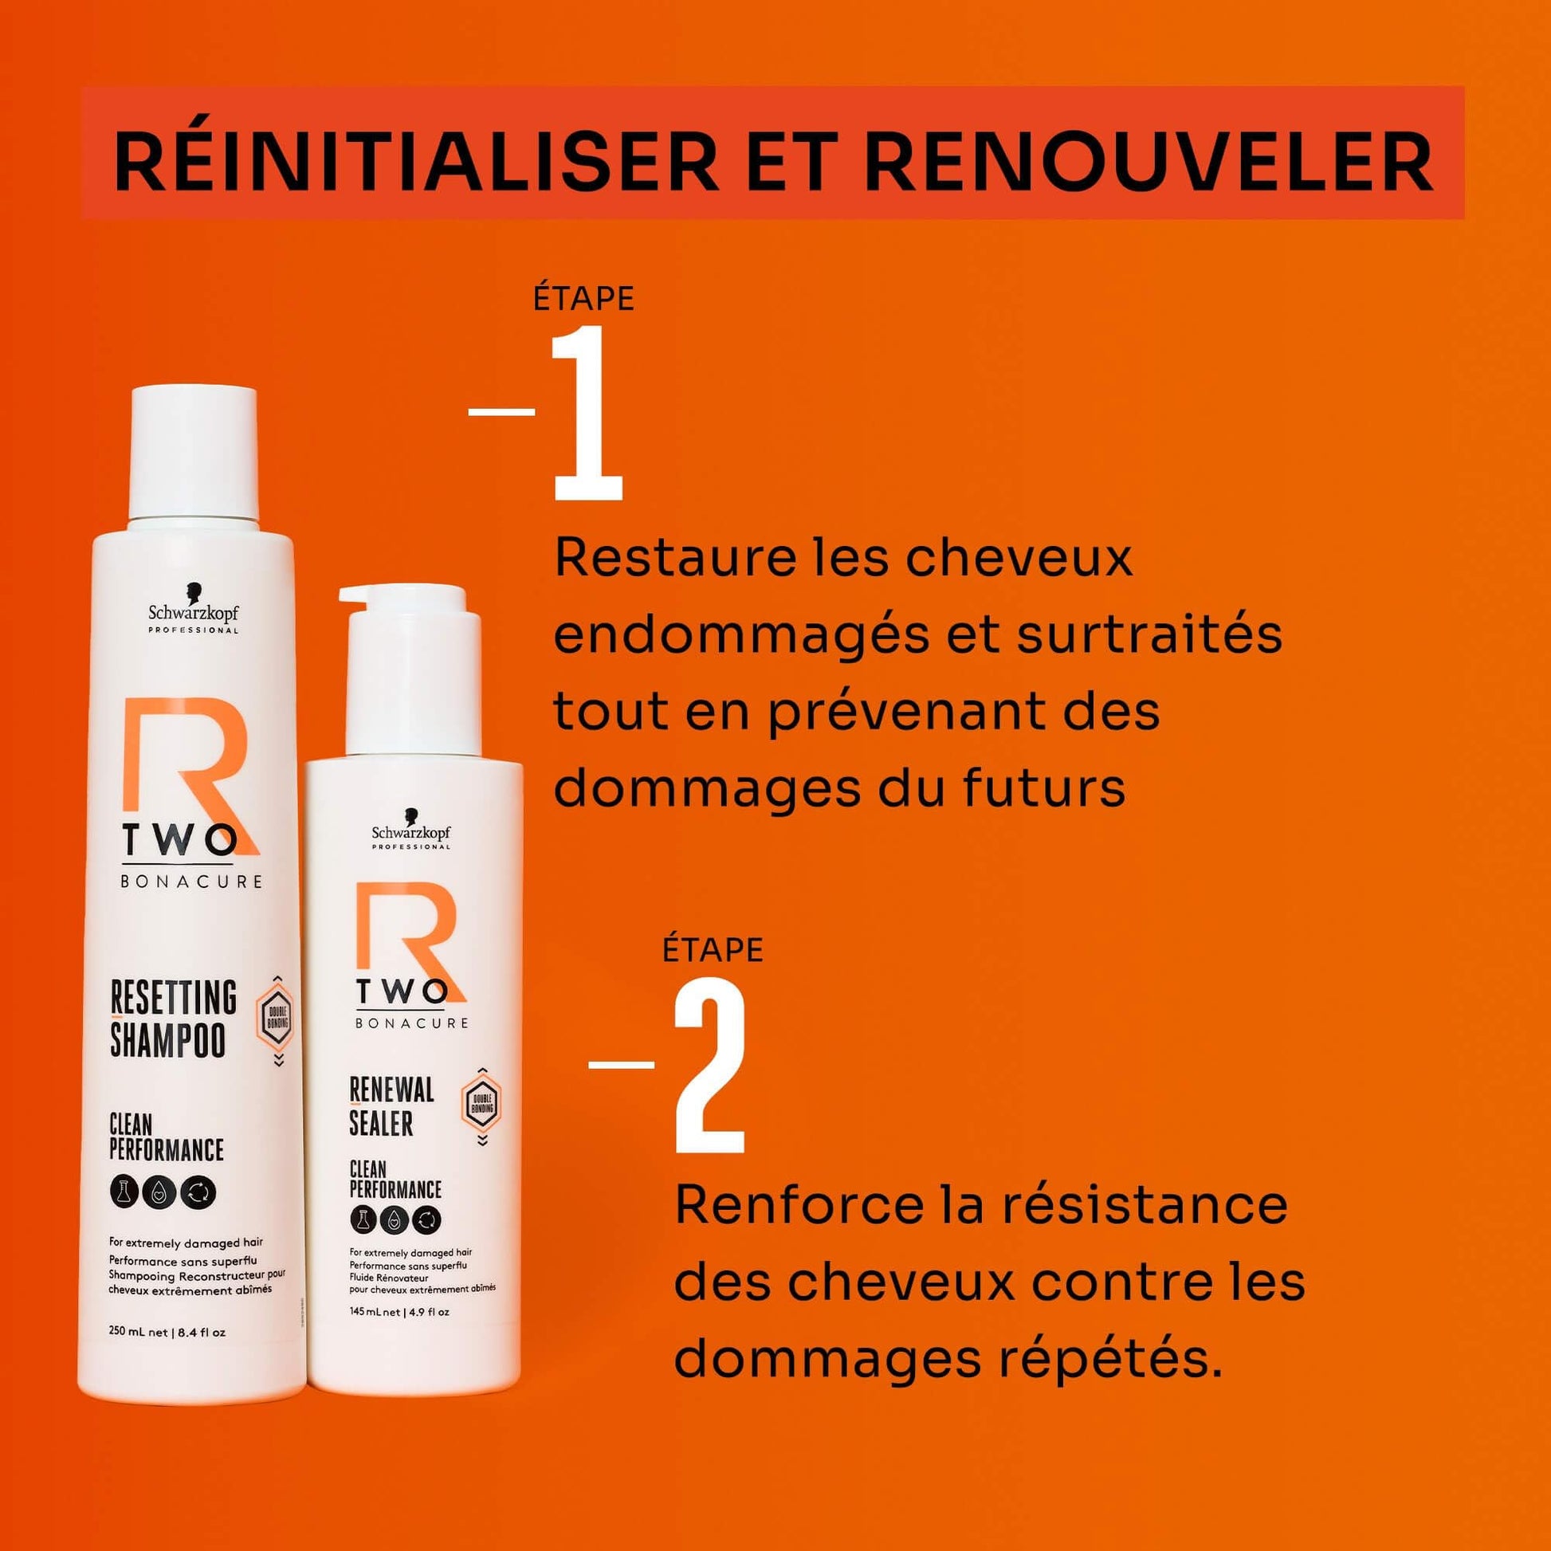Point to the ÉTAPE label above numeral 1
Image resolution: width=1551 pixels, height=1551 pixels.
click(x=583, y=299)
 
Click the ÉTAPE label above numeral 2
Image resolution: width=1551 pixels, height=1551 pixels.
click(x=713, y=950)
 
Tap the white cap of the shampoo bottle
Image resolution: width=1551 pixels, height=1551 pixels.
click(x=194, y=454)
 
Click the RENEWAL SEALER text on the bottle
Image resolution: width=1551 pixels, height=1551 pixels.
click(x=392, y=1107)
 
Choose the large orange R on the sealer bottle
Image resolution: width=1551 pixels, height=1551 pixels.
click(x=406, y=939)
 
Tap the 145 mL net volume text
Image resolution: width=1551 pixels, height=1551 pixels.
click(x=399, y=1313)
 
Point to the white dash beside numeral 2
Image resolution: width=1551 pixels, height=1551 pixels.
click(x=622, y=1066)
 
